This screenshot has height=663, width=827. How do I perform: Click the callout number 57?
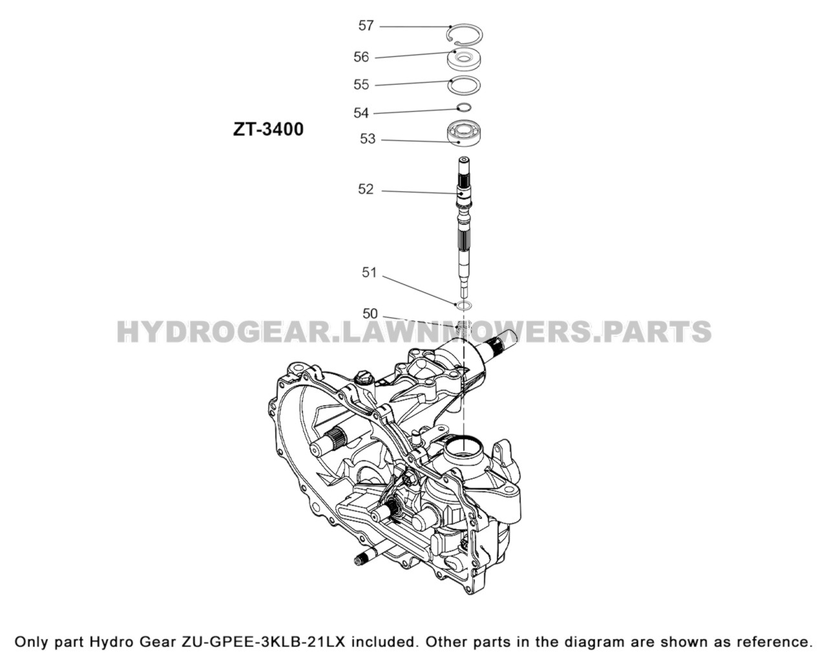pyautogui.click(x=366, y=26)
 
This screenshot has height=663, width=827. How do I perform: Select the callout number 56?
pyautogui.click(x=361, y=58)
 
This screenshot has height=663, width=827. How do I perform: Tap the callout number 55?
pyautogui.click(x=361, y=85)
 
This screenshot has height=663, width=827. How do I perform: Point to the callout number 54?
pyautogui.click(x=361, y=113)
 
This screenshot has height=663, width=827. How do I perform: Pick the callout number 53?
pyautogui.click(x=367, y=139)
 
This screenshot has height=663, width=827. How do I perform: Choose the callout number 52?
pyautogui.click(x=366, y=189)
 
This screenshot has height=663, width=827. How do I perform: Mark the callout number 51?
pyautogui.click(x=369, y=273)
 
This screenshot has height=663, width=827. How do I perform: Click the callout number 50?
pyautogui.click(x=370, y=314)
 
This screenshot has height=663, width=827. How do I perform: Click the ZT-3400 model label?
pyautogui.click(x=268, y=129)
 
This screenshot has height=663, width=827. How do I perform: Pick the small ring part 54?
pyautogui.click(x=464, y=108)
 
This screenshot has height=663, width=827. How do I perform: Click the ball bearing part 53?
pyautogui.click(x=464, y=132)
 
